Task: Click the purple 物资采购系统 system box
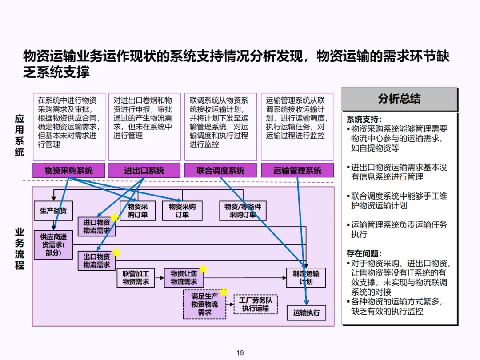pyautogui.click(x=68, y=170)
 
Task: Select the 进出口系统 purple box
pyautogui.click(x=144, y=170)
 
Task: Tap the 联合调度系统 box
pyautogui.click(x=220, y=170)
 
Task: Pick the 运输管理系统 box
pyautogui.click(x=297, y=170)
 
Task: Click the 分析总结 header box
pyautogui.click(x=399, y=99)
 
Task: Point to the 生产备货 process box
pyautogui.click(x=53, y=211)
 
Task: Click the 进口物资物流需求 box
pyautogui.click(x=96, y=227)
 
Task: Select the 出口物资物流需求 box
pyautogui.click(x=96, y=261)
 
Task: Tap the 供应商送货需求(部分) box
pyautogui.click(x=53, y=245)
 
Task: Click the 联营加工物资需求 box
pyautogui.click(x=136, y=278)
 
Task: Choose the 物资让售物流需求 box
pyautogui.click(x=184, y=278)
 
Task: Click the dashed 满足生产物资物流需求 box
pyautogui.click(x=204, y=304)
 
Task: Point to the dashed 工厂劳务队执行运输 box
pyautogui.click(x=256, y=304)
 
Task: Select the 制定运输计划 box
pyautogui.click(x=306, y=278)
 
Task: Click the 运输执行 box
pyautogui.click(x=306, y=312)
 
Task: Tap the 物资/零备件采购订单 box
pyautogui.click(x=243, y=211)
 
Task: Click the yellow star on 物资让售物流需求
pyautogui.click(x=203, y=268)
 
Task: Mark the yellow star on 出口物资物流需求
pyautogui.click(x=116, y=252)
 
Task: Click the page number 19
pyautogui.click(x=240, y=353)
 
